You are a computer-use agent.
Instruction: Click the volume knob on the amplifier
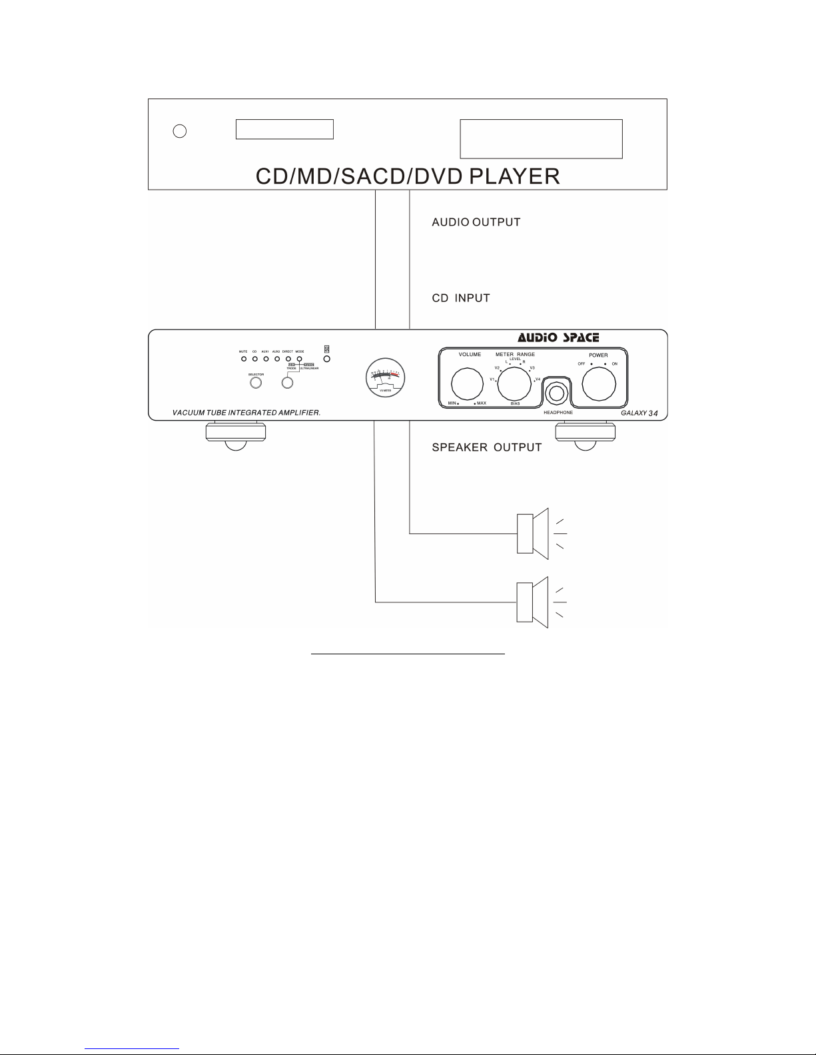click(468, 385)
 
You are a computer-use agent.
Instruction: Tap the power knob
click(599, 384)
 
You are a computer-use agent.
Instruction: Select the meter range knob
click(514, 384)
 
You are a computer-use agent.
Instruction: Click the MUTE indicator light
click(244, 359)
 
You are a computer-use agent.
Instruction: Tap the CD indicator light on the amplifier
click(254, 359)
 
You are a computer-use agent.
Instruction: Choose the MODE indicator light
click(300, 359)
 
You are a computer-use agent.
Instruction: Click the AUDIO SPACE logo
click(558, 337)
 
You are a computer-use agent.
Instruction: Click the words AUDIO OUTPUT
click(476, 222)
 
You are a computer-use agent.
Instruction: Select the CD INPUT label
click(461, 298)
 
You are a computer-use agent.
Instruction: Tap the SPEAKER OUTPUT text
click(487, 447)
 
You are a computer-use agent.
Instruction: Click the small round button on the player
click(179, 131)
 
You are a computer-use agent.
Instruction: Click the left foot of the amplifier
click(235, 435)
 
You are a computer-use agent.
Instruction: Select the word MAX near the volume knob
click(481, 404)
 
